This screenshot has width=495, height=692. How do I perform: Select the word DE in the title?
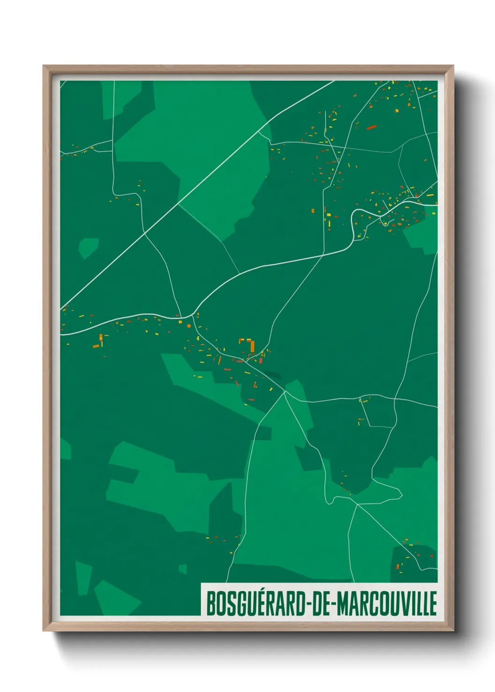coord(320,604)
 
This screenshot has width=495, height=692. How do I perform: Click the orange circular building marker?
coord(189,326)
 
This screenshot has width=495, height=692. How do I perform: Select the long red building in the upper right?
coord(371,127)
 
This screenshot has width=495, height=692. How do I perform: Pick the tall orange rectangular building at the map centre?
coord(252,346)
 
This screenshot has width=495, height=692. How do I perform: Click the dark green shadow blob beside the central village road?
coord(273,375)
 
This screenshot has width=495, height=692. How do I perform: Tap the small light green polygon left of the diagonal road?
coord(88,247)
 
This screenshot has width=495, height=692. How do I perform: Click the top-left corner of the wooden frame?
coord(44,66)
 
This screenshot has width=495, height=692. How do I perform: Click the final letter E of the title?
coord(433,604)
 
